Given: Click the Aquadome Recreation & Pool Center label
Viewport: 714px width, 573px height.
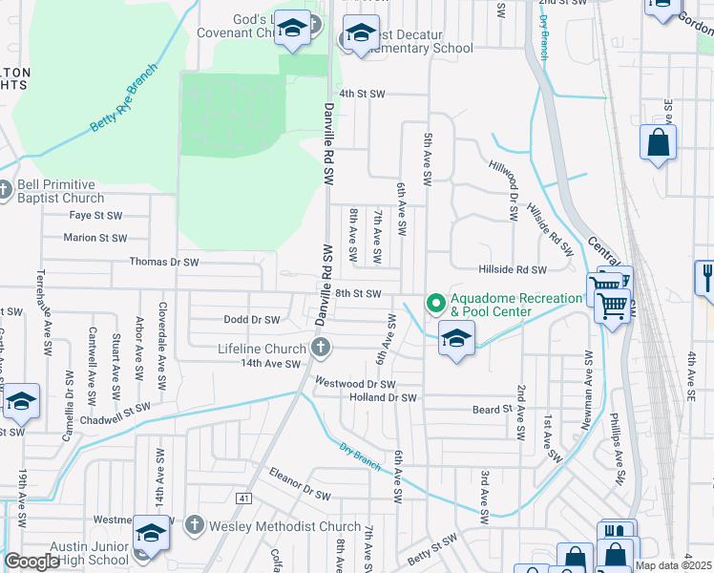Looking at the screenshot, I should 516,305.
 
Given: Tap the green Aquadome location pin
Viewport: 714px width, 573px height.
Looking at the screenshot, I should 436,305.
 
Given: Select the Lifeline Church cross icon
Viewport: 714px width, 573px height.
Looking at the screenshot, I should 323,349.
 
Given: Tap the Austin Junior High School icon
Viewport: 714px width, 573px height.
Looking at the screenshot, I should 151,533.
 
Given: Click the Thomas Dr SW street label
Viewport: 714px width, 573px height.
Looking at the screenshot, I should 164,262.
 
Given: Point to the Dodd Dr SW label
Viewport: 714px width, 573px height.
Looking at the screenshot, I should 251,320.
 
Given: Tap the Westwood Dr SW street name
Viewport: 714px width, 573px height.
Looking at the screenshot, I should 355,384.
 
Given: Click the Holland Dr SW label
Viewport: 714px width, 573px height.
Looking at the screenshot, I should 383,397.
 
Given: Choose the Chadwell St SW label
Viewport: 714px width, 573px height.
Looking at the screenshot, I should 116,413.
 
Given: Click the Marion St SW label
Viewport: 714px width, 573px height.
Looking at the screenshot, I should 94,238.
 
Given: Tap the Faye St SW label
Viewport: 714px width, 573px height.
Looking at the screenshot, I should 96,216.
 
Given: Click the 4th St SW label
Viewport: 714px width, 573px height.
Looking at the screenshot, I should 362,94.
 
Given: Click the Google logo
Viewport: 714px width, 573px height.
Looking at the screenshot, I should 31,561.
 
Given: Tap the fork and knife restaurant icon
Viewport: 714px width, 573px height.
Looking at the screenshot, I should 706,278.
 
